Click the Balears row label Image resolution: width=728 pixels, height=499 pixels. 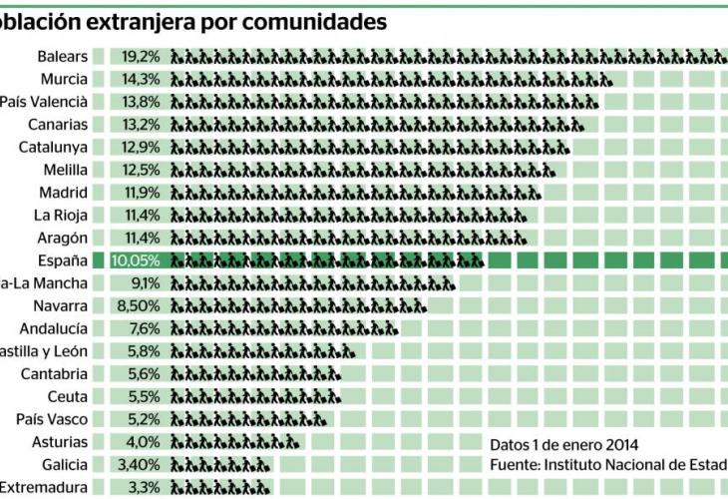[x=62, y=57]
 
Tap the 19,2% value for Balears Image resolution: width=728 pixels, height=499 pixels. [x=141, y=57]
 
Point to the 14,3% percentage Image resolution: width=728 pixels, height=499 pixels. [x=141, y=80]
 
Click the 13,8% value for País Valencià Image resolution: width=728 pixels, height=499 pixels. [x=141, y=102]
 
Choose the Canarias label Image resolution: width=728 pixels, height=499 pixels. [x=58, y=125]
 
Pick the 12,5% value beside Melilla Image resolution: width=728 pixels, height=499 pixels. [x=141, y=170]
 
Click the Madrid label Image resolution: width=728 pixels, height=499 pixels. [x=63, y=193]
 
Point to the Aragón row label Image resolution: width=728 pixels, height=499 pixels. [x=63, y=238]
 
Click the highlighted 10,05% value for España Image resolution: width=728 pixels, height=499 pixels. [x=136, y=260]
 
